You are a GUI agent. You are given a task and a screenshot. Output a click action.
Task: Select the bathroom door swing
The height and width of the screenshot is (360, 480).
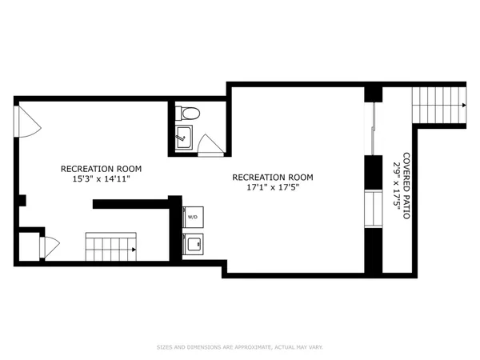click(210, 145)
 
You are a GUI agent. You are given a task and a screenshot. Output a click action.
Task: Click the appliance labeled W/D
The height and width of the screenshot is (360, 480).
click(193, 217)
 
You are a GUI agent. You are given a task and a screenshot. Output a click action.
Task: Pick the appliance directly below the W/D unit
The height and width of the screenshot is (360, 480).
click(193, 242)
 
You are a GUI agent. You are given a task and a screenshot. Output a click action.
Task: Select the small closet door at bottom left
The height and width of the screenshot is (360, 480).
click(50, 246)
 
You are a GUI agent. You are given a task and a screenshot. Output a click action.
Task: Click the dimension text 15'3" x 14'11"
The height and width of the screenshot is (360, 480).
click(102, 180)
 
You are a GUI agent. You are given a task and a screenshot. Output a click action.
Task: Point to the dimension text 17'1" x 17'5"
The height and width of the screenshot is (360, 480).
click(272, 189)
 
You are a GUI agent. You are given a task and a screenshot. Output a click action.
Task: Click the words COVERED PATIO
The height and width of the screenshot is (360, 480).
click(406, 186)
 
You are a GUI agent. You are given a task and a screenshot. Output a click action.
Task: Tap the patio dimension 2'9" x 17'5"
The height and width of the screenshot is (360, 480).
click(397, 186)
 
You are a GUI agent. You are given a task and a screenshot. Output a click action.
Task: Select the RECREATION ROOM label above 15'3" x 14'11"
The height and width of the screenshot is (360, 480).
click(102, 169)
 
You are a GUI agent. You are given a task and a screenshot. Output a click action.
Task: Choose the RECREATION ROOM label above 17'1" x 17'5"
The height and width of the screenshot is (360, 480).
click(272, 178)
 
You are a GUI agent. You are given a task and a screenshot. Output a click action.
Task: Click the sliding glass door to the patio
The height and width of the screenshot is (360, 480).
click(374, 128)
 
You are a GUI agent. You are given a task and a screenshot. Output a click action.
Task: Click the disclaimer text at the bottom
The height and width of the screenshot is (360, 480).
click(240, 347)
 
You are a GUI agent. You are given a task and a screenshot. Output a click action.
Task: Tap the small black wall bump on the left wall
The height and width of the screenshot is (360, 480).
click(23, 199)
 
